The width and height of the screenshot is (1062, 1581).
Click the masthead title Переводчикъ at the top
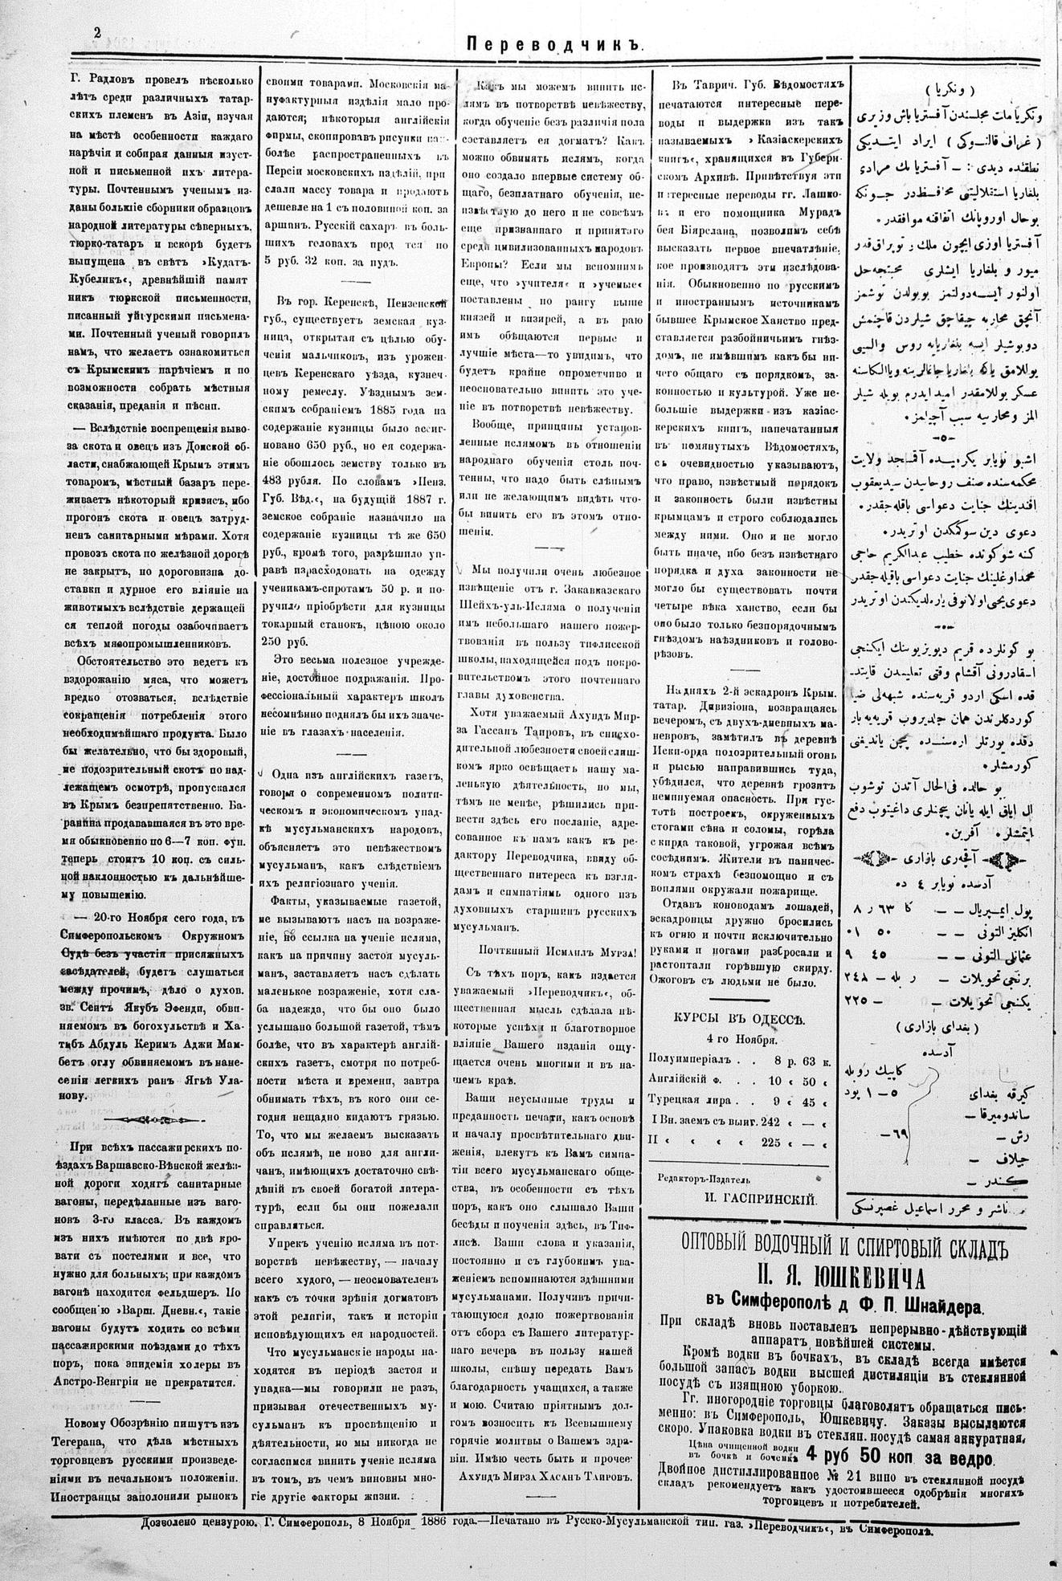557,47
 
